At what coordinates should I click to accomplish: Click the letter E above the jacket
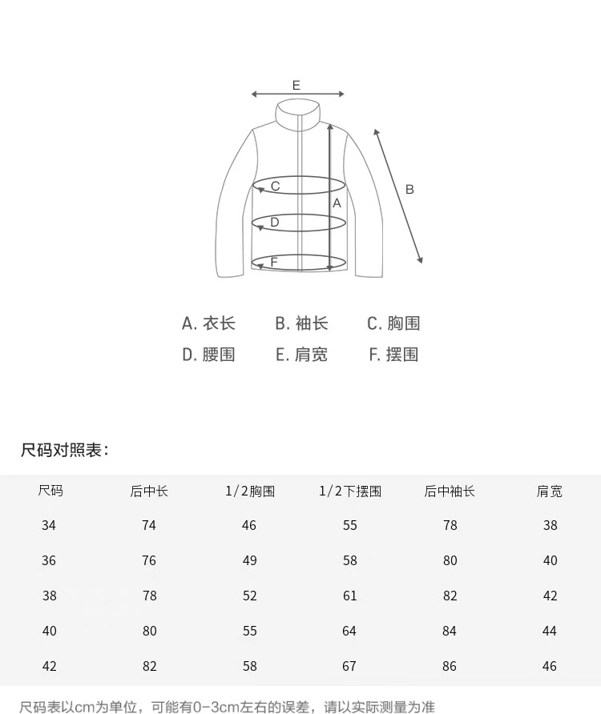[296, 85]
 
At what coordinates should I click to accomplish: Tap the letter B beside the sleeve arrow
[409, 190]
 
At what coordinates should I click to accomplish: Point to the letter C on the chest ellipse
[275, 187]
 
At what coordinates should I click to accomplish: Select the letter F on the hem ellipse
[274, 262]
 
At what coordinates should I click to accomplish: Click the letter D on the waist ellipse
[274, 223]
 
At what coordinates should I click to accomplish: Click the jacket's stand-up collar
[297, 113]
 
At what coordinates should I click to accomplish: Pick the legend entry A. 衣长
[208, 323]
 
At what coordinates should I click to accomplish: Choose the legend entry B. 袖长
[301, 323]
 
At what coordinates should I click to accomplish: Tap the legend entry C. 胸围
[393, 323]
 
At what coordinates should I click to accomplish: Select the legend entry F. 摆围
[393, 355]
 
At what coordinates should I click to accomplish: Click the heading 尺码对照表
[64, 450]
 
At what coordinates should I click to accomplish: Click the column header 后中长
[149, 491]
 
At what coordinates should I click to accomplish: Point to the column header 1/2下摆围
[350, 491]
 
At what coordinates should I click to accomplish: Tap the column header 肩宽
[550, 491]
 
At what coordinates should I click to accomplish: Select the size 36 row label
[49, 560]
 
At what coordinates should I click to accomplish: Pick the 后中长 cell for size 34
[149, 525]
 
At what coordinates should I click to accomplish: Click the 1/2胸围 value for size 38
[249, 596]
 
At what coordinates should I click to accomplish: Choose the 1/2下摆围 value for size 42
[350, 666]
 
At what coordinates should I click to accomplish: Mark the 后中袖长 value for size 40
[450, 631]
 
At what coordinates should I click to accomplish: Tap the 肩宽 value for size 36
[550, 560]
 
